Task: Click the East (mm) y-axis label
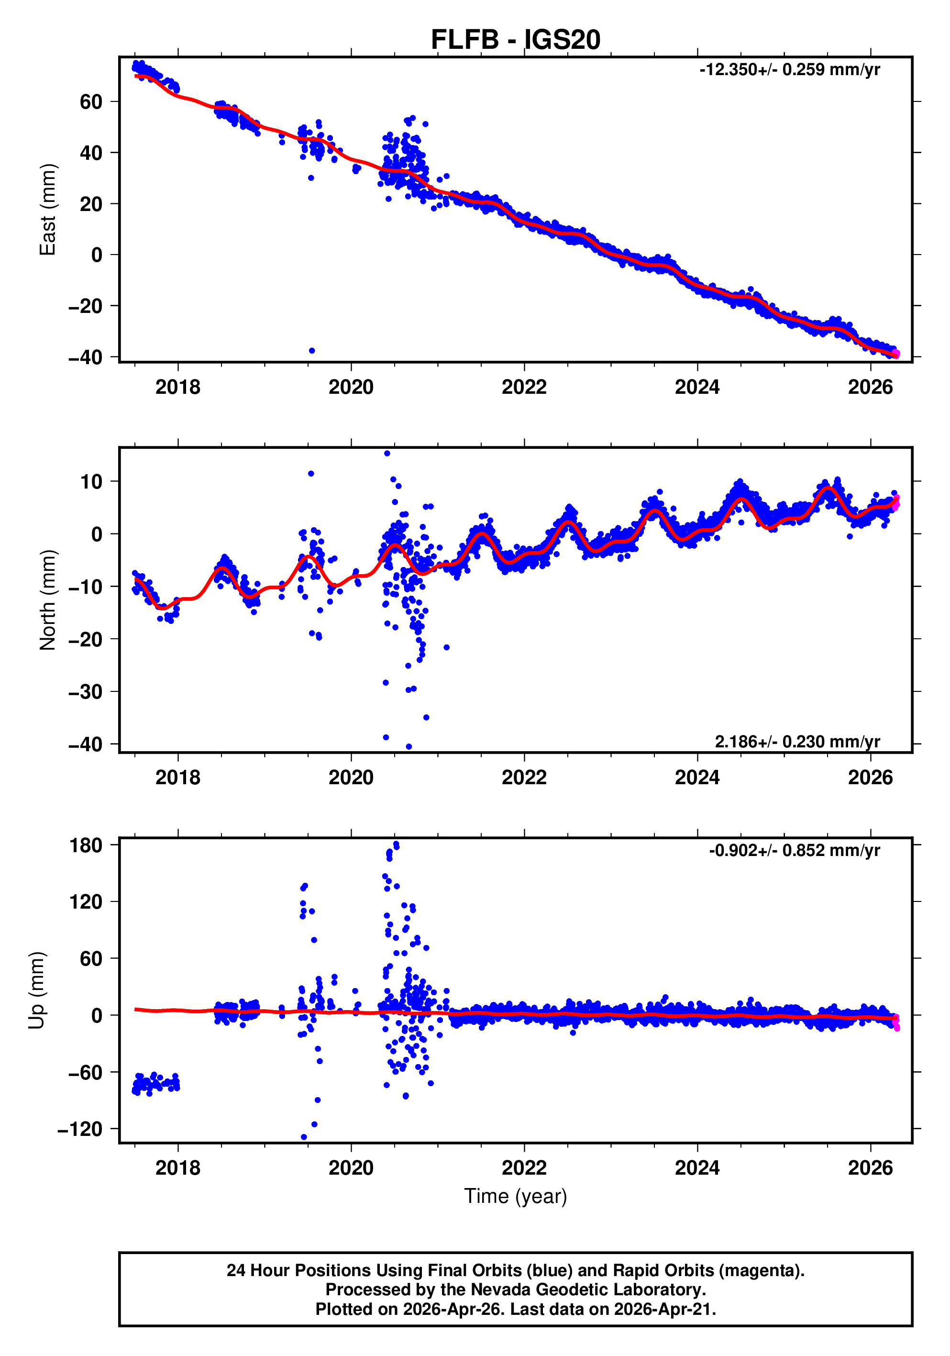click(x=47, y=210)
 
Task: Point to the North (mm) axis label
click(x=47, y=600)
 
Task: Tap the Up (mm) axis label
click(x=37, y=990)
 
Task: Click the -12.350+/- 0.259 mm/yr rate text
click(x=789, y=70)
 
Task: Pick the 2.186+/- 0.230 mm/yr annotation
click(x=797, y=741)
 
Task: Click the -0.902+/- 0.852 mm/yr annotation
click(x=794, y=850)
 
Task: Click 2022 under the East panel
click(x=524, y=388)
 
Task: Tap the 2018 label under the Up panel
click(x=178, y=1168)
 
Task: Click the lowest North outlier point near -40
click(x=409, y=746)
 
